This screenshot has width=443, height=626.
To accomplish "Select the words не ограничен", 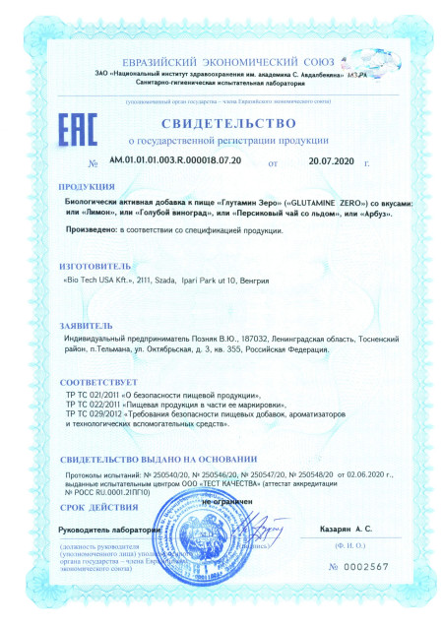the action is pos(226,502).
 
